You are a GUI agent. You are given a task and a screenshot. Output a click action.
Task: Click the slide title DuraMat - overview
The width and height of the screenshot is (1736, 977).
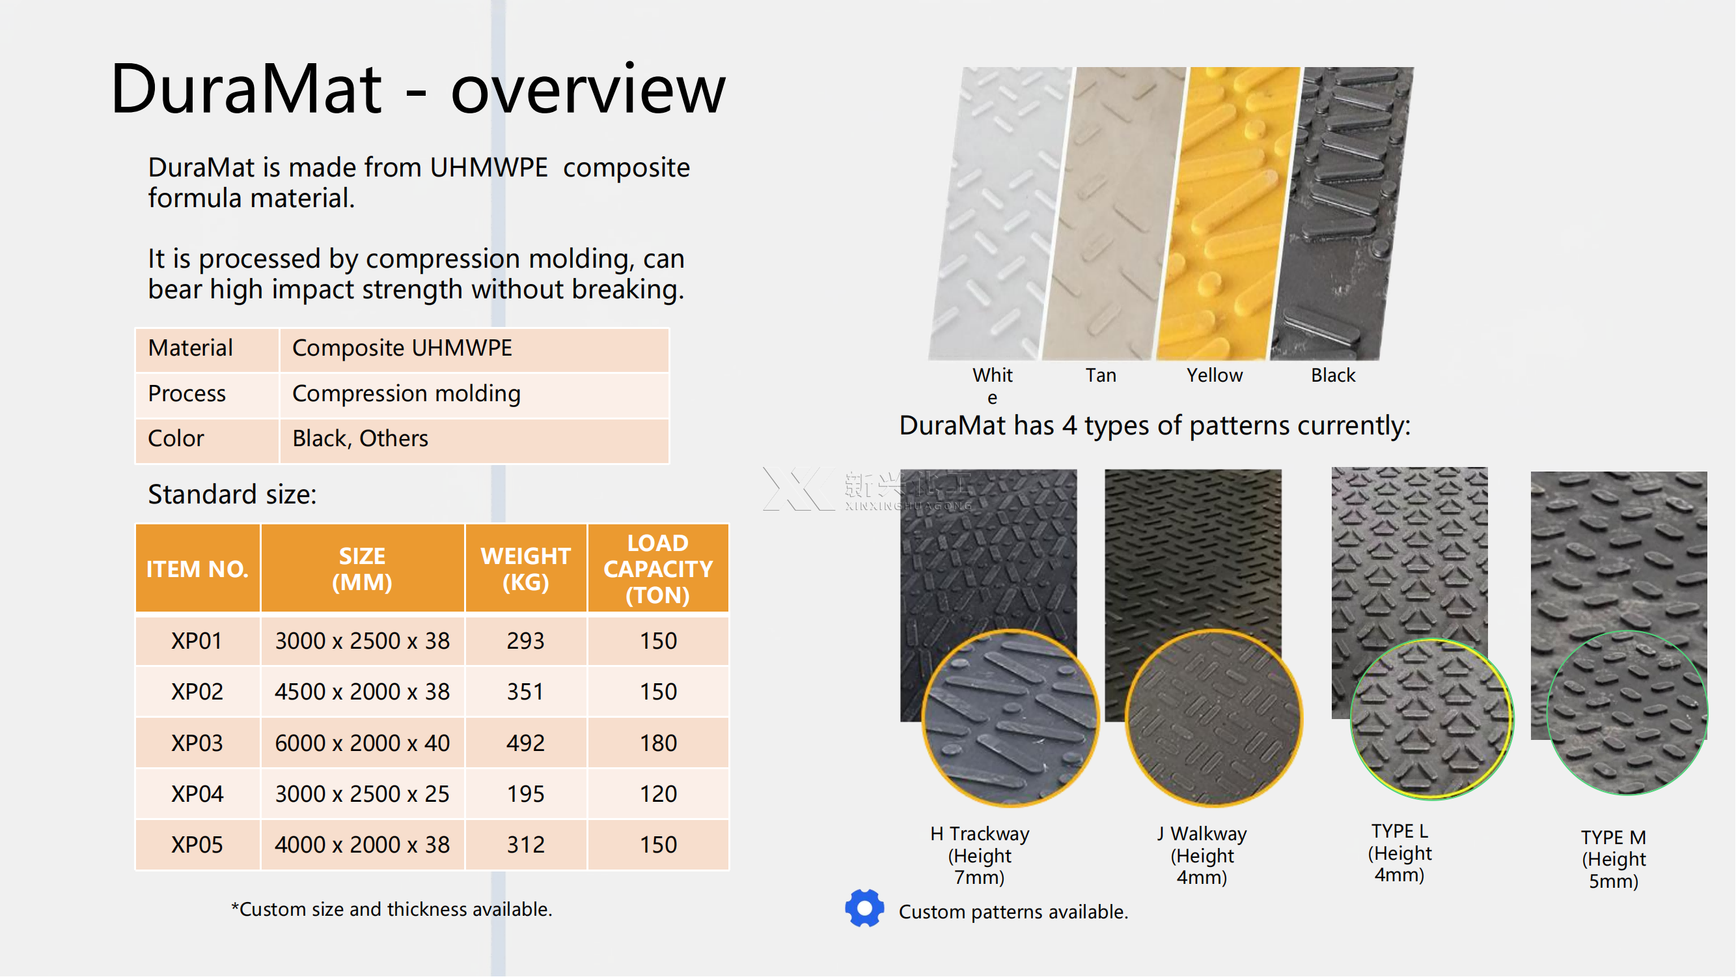418,89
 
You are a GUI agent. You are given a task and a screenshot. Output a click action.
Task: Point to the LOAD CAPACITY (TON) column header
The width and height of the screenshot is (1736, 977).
657,569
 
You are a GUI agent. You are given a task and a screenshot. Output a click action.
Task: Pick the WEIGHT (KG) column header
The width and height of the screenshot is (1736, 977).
526,569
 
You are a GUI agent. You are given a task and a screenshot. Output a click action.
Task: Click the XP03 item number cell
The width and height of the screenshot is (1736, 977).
197,743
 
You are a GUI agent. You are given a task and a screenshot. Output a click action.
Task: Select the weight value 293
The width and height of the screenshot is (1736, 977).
526,640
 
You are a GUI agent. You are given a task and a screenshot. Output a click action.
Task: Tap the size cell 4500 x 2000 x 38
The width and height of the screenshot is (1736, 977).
362,692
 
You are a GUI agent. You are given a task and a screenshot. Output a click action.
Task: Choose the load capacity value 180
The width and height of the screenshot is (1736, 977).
657,743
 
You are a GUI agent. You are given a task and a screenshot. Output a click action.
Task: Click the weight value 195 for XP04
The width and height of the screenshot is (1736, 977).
526,794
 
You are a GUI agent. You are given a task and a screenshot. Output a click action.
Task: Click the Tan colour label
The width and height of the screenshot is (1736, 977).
1101,376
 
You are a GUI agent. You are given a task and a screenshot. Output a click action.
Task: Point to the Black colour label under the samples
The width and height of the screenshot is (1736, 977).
1332,376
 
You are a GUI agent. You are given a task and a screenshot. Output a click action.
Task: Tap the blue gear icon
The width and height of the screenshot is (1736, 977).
864,909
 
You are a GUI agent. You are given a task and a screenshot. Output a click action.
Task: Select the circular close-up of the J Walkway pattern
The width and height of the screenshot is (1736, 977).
1213,718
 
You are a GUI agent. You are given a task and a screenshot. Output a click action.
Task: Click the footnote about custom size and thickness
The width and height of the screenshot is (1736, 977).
392,909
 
